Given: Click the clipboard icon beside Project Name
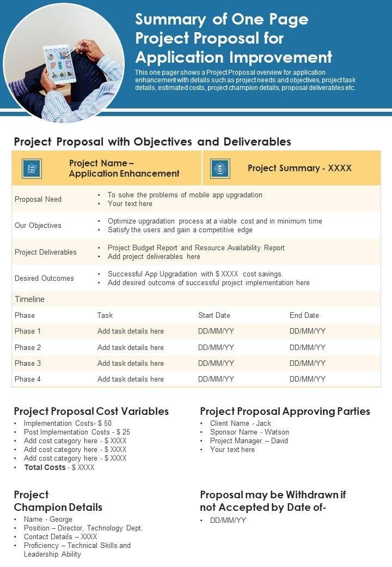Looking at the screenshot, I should [32, 168].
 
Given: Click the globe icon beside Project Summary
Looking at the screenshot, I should [220, 168].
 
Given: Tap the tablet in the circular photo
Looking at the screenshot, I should [60, 63].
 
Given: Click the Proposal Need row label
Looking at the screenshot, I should [38, 199].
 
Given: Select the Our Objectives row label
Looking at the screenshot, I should [38, 225].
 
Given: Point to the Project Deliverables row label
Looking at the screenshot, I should [46, 252].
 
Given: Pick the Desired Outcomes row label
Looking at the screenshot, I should [44, 278].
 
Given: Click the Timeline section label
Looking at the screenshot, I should [30, 299].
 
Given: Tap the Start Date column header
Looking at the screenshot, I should [214, 315].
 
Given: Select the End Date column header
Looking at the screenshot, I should [304, 315].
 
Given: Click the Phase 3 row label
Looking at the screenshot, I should [28, 363].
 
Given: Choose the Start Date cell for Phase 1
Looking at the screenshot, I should [216, 331].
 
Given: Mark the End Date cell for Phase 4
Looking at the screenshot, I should [308, 379].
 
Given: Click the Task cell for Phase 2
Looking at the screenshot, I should [131, 347].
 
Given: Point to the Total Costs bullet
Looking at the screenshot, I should [59, 467].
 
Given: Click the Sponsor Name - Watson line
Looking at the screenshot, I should [249, 432].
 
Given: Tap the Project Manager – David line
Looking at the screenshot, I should [249, 441].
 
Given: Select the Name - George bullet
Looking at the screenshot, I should [48, 519].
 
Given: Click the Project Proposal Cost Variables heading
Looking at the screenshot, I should [91, 411].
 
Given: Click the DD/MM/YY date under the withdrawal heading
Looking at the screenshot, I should [228, 520].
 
